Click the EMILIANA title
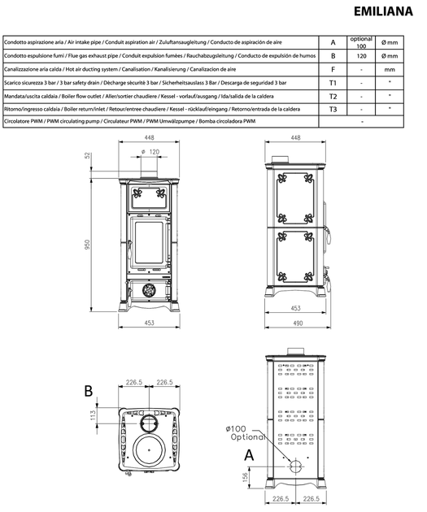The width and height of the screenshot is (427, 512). [x=383, y=11]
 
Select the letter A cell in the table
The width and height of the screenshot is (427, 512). [x=333, y=42]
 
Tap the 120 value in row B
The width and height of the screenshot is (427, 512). [x=361, y=56]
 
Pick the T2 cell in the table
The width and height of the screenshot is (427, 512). [x=333, y=97]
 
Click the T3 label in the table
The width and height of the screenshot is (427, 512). [x=333, y=110]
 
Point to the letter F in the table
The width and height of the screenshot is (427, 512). [x=333, y=70]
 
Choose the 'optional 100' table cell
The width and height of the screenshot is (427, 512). [x=361, y=42]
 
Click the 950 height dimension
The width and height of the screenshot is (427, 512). [x=87, y=245]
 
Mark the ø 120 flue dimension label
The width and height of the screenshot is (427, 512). [x=150, y=152]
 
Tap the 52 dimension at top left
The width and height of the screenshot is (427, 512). [x=87, y=155]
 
